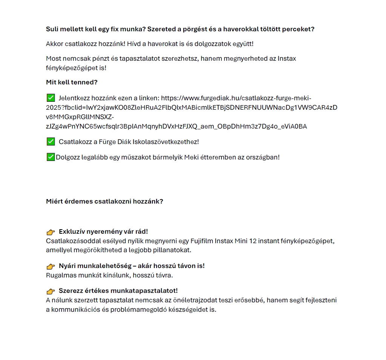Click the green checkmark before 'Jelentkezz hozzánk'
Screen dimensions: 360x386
tap(51, 98)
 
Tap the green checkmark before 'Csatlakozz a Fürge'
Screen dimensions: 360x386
tap(51, 142)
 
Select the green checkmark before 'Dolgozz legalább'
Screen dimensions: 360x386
tap(51, 157)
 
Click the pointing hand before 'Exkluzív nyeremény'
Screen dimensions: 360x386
tap(51, 232)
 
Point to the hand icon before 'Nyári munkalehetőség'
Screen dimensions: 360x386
tap(51, 266)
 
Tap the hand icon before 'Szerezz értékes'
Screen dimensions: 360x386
tap(51, 291)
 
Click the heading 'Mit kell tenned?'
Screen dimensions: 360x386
tap(72, 82)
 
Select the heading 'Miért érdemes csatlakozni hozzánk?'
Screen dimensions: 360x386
tap(105, 201)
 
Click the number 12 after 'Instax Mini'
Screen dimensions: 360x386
tap(253, 241)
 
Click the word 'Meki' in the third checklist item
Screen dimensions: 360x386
tap(191, 157)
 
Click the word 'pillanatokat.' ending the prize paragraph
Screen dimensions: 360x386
tap(173, 250)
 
